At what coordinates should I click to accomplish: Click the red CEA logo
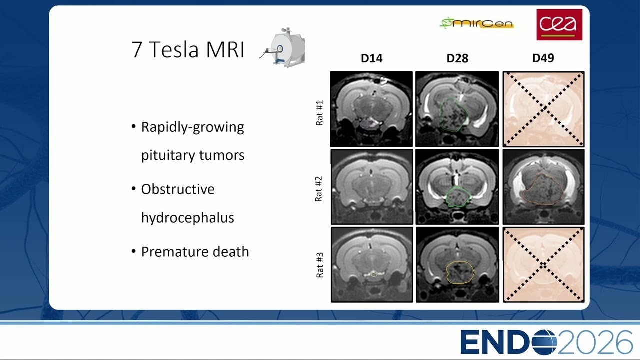(559, 25)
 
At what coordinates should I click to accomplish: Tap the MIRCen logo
(477, 23)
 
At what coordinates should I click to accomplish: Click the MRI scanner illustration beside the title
(283, 47)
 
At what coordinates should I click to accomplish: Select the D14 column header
(371, 58)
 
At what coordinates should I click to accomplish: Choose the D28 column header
(457, 58)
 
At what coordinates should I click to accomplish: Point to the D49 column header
(543, 58)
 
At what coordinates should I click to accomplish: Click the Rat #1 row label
(319, 113)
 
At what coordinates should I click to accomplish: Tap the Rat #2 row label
(319, 189)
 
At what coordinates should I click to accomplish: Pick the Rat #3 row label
(320, 265)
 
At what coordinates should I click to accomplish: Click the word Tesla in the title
(173, 49)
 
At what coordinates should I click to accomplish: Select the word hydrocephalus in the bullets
(187, 218)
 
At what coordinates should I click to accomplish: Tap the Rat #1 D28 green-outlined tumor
(454, 115)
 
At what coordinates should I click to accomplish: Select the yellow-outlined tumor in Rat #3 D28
(460, 272)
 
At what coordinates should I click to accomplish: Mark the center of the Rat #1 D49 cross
(543, 109)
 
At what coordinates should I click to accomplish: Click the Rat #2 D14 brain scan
(372, 187)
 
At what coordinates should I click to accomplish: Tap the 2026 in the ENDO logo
(594, 342)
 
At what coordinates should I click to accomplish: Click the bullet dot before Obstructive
(133, 189)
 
